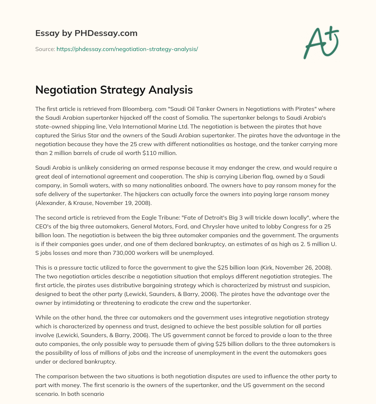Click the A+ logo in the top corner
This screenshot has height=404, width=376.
[x=321, y=43]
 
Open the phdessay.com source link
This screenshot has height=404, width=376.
[x=127, y=49]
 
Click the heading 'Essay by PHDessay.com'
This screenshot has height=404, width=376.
[x=86, y=33]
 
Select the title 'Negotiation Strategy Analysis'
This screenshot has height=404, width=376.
[x=114, y=90]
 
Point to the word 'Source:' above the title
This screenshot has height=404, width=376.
[x=45, y=49]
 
